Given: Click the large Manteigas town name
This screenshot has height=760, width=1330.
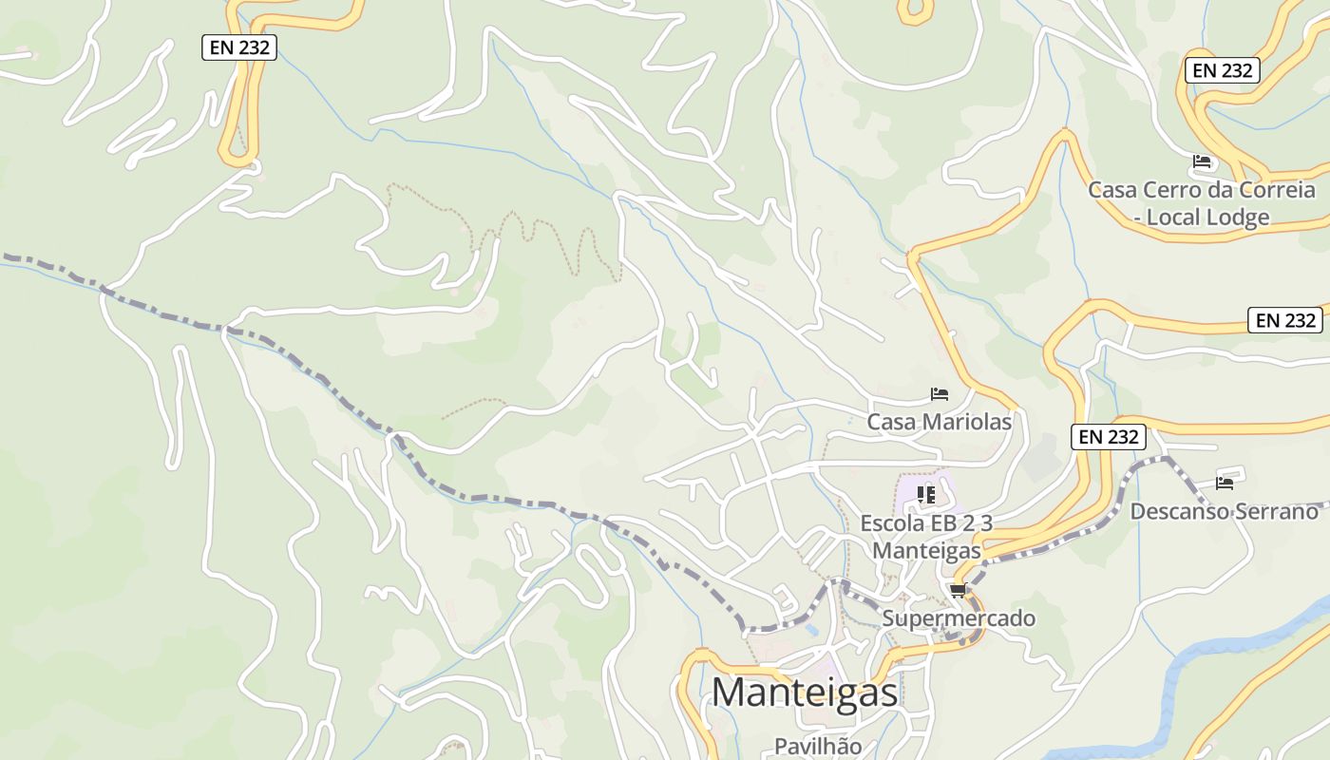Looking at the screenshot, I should click(x=805, y=692).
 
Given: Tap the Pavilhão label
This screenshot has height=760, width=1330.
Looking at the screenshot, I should click(x=817, y=746).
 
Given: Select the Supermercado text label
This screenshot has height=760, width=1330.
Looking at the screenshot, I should click(x=959, y=618).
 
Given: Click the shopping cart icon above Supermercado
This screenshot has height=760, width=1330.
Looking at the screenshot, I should click(x=958, y=592).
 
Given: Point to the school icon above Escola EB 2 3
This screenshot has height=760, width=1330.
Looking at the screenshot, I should click(x=926, y=494).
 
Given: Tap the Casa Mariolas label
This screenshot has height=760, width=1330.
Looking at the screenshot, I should click(x=939, y=421).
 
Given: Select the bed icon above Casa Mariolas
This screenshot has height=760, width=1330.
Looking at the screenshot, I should click(x=940, y=393).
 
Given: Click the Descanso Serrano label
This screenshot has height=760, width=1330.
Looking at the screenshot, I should click(x=1224, y=511).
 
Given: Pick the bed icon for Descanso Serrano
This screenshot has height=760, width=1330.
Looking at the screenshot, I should click(x=1225, y=483).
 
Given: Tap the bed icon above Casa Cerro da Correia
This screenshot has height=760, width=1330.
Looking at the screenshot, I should click(x=1202, y=161).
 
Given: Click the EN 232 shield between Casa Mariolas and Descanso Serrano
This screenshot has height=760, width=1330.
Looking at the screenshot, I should click(x=1109, y=437).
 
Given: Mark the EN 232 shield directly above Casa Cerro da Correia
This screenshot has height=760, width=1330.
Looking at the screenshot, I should click(x=1223, y=69).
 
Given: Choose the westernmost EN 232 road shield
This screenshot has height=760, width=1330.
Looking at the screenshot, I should click(x=239, y=47).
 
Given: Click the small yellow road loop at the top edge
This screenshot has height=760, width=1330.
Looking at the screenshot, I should click(x=915, y=11).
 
